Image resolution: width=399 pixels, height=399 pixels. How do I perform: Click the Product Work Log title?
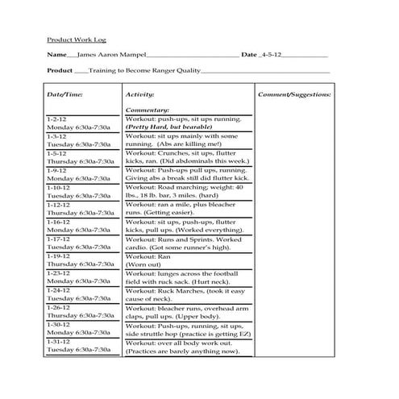(77, 39)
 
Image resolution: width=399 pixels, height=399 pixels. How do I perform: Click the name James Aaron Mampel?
(114, 55)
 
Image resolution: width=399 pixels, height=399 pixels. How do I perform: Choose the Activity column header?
(141, 94)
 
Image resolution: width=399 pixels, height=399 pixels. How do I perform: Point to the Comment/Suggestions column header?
(294, 94)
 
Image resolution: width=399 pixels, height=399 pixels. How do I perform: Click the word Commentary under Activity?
(148, 110)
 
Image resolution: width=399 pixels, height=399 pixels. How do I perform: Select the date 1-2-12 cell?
(57, 119)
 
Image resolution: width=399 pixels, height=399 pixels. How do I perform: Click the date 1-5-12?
(57, 153)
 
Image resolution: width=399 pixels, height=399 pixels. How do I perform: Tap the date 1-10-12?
(59, 187)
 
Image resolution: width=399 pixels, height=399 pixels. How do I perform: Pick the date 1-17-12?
(59, 239)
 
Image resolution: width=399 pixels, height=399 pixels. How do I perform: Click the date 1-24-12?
(59, 290)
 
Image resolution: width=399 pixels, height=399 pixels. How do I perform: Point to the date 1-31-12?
(59, 342)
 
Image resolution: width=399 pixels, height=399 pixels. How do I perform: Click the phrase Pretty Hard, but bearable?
(172, 127)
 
